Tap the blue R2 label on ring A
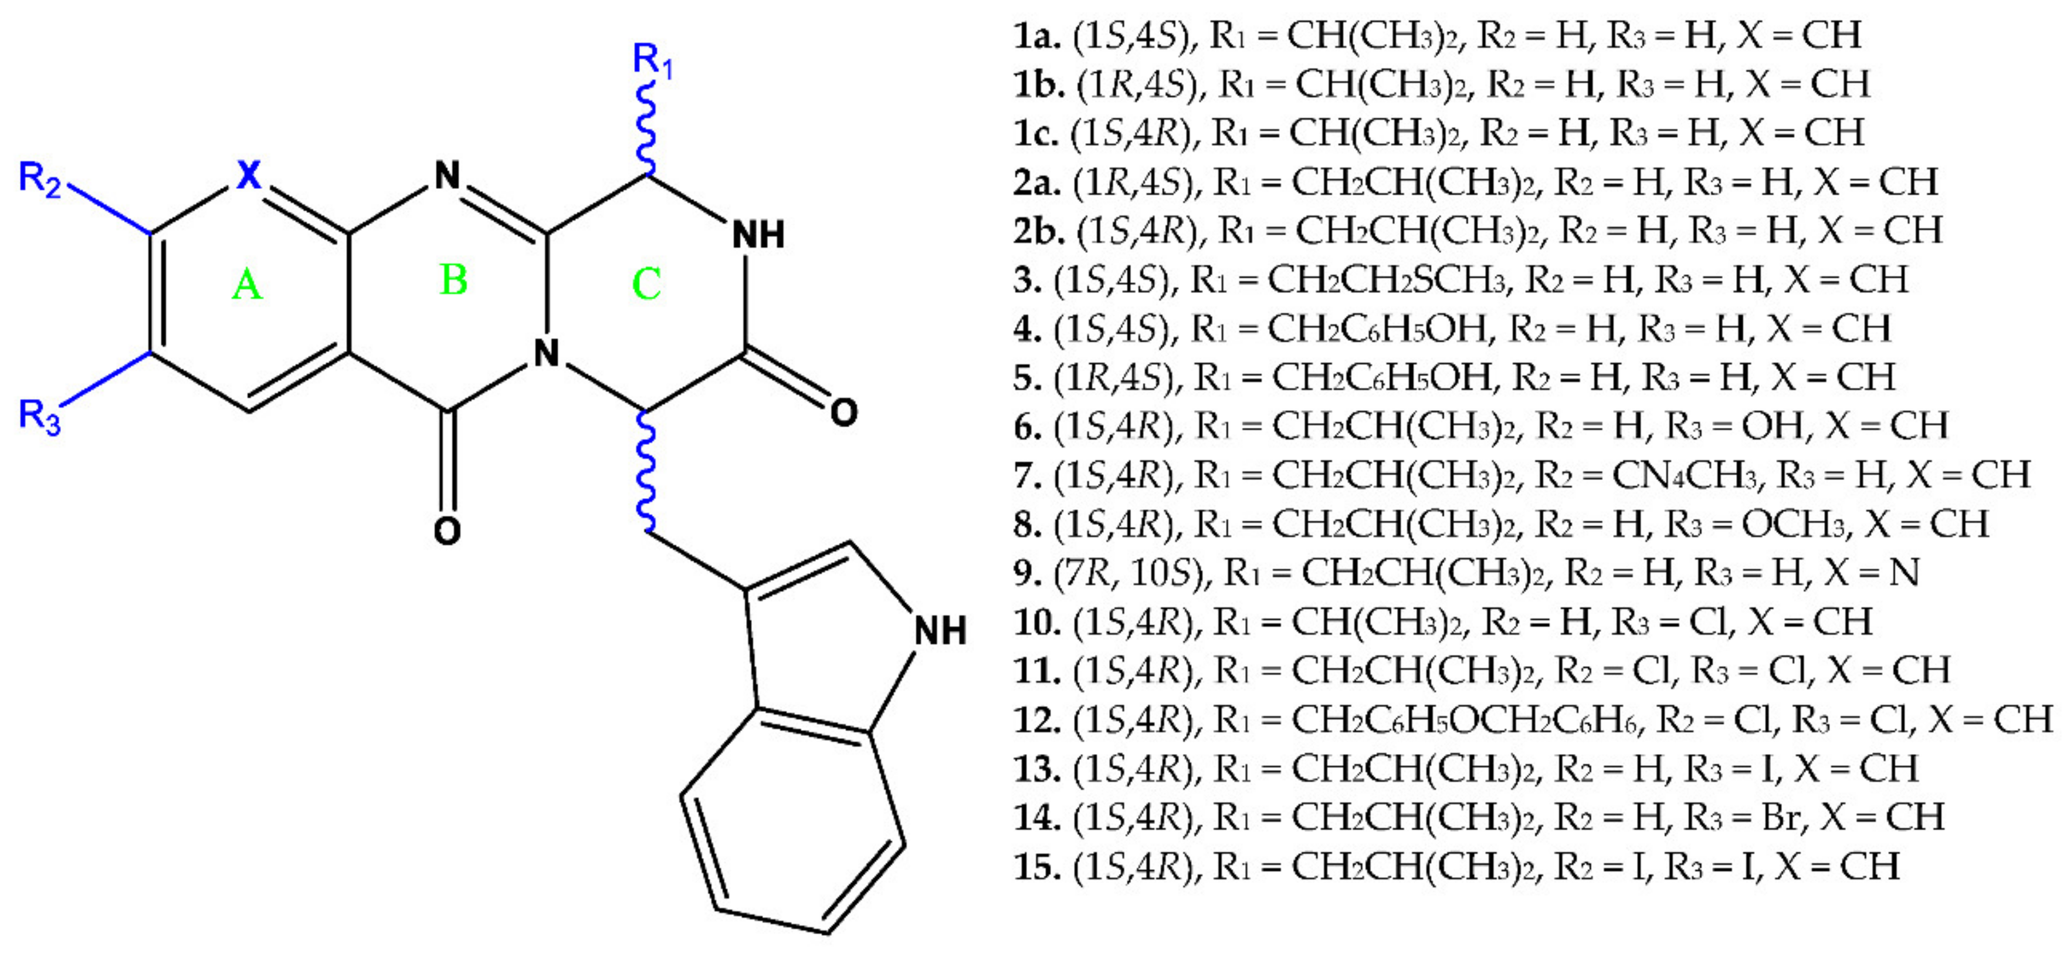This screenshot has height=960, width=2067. [x=39, y=179]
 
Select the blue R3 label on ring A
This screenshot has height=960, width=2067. [x=39, y=416]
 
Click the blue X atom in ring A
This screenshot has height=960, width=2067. [x=249, y=174]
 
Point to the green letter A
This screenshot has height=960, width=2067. [x=247, y=285]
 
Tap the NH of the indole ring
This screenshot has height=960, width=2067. [x=940, y=630]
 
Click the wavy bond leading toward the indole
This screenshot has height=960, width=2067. [x=646, y=474]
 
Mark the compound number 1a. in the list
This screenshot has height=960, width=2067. [x=1038, y=35]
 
